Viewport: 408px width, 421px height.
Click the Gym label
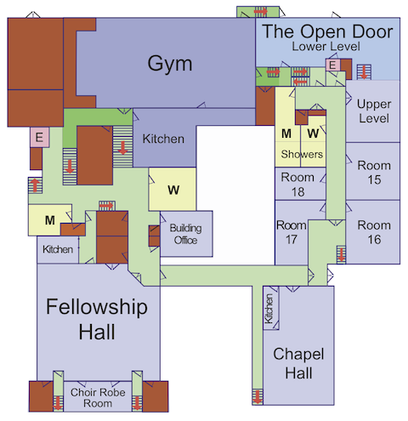(x=169, y=64)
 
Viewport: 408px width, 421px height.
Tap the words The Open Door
(x=327, y=31)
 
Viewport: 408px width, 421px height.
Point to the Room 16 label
(x=373, y=231)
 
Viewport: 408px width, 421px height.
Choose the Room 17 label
(x=291, y=233)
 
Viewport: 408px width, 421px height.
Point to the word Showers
(x=303, y=155)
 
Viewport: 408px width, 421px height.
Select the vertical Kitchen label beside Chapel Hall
(x=269, y=308)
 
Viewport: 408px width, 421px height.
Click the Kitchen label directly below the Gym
(x=162, y=138)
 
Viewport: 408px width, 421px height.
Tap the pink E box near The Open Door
(x=333, y=65)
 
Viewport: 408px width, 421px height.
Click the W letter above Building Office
(x=173, y=190)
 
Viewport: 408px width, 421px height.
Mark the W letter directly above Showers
(x=312, y=134)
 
